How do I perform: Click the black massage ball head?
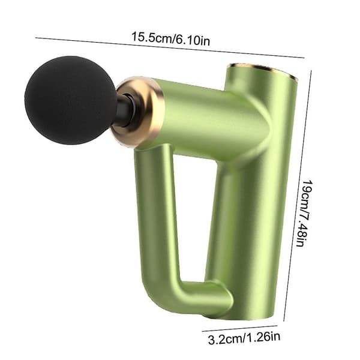click(70, 100)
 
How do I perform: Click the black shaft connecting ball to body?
click(124, 110)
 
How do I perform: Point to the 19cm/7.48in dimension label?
click(304, 213)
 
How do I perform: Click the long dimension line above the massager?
click(170, 47)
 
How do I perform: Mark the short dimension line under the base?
click(239, 329)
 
